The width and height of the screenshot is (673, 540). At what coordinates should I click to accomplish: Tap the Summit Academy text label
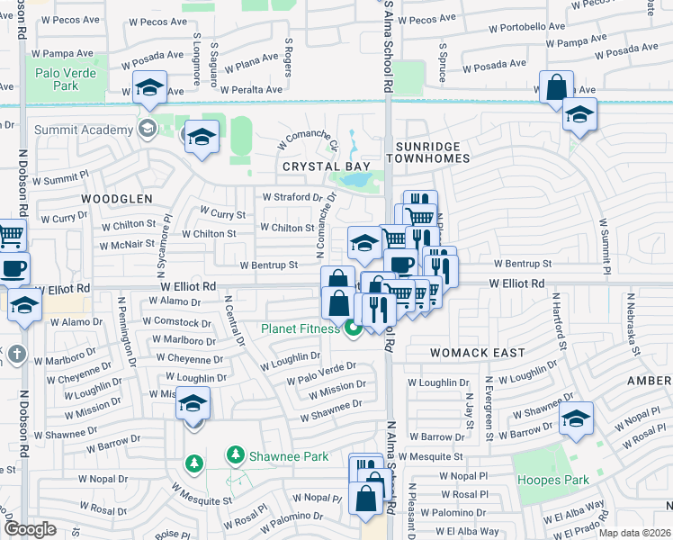coord(84,130)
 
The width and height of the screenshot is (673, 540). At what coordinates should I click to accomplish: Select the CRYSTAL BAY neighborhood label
coord(315,167)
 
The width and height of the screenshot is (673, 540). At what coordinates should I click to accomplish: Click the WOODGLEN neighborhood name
coord(117,197)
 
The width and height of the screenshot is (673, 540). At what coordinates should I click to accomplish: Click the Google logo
coord(30,529)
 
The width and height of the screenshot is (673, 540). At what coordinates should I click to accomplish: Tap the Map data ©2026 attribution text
coord(633,533)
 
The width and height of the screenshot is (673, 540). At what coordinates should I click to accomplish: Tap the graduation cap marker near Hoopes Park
coord(576,418)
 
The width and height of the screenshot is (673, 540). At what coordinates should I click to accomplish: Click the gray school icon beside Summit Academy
coord(145,128)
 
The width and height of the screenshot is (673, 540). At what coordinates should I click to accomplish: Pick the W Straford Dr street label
coord(292,196)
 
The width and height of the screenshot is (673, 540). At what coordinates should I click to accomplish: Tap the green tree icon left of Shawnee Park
coord(192,463)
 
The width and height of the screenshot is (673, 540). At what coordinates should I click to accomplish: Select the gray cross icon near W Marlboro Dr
coord(15,354)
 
